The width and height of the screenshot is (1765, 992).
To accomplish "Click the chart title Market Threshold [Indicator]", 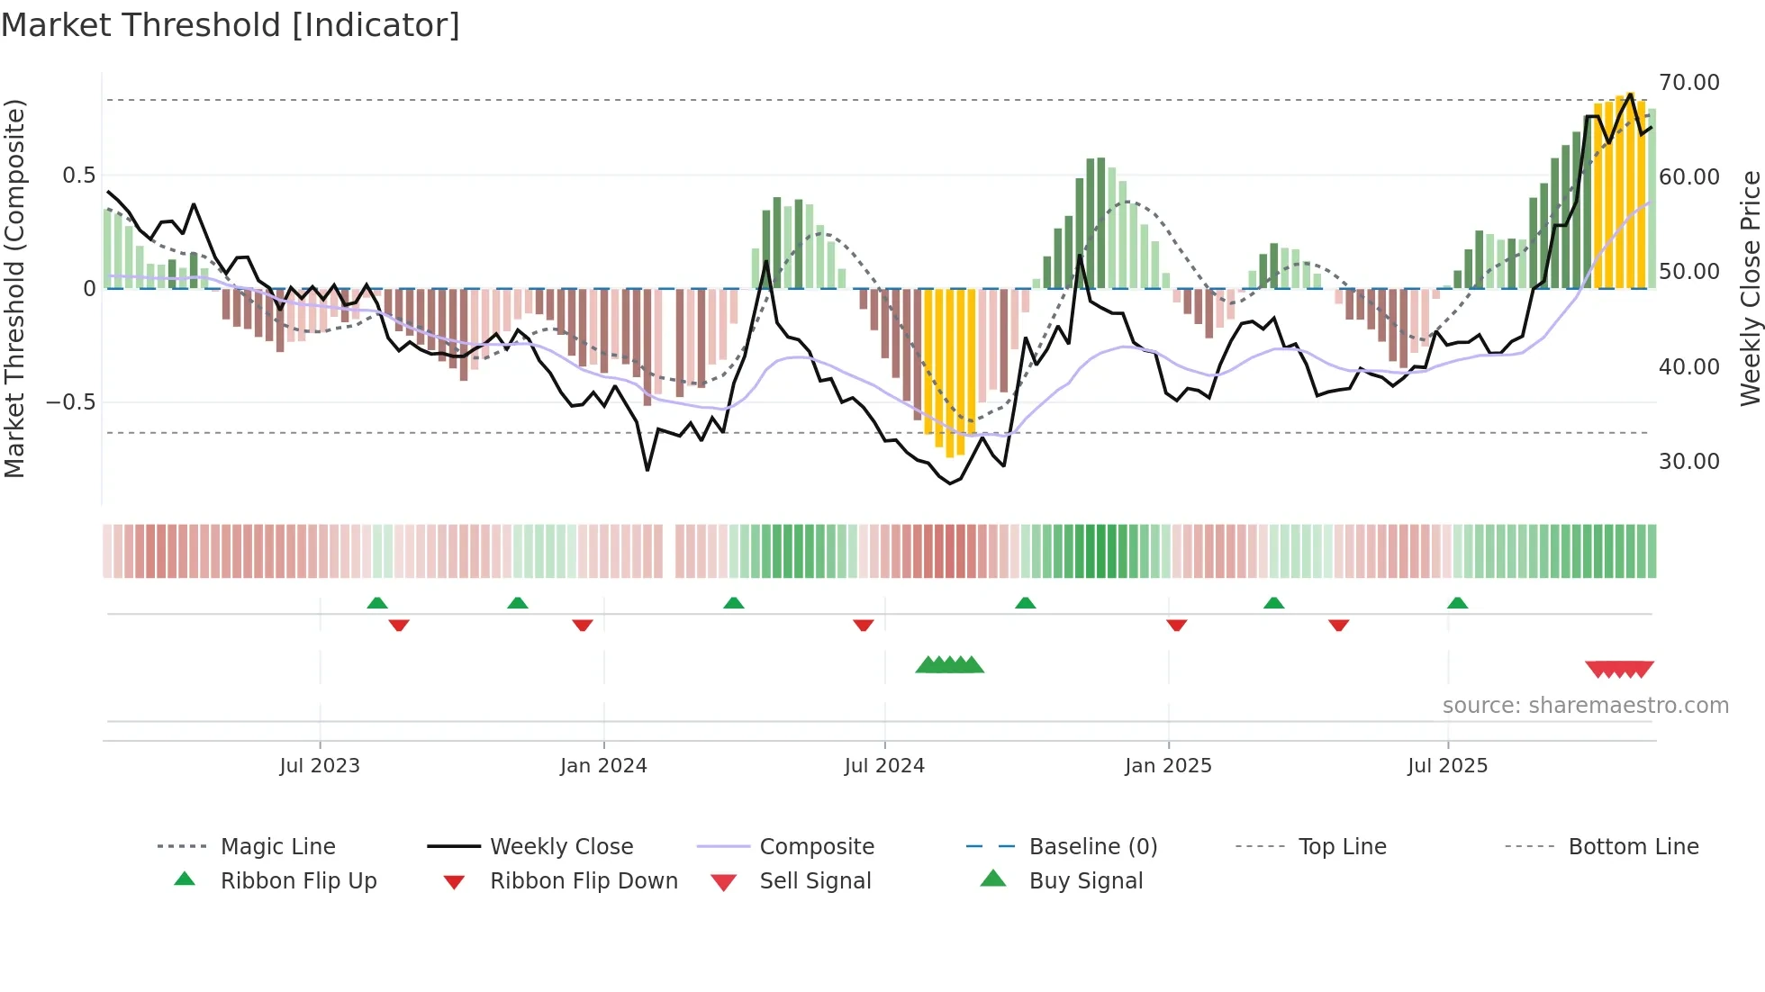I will pyautogui.click(x=231, y=25).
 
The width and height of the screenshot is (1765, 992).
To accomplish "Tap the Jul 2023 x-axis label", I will pyautogui.click(x=320, y=765).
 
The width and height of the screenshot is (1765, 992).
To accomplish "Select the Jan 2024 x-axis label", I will pyautogui.click(x=603, y=765).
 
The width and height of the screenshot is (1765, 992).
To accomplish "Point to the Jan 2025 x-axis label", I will pyautogui.click(x=1168, y=765).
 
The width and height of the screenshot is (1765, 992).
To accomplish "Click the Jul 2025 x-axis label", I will pyautogui.click(x=1448, y=765).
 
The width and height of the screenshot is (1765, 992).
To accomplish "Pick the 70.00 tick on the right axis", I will pyautogui.click(x=1689, y=83).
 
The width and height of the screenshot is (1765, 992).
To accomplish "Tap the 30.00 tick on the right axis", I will pyautogui.click(x=1689, y=462).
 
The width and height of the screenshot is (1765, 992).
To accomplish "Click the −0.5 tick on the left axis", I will pyautogui.click(x=70, y=402).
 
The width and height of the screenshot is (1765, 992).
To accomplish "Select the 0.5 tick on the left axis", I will pyautogui.click(x=78, y=176).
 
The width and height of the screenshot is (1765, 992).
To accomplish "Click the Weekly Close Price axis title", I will pyautogui.click(x=1750, y=288).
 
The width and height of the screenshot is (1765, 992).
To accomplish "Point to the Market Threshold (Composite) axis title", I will pyautogui.click(x=14, y=288).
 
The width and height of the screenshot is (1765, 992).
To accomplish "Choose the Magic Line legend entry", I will pyautogui.click(x=277, y=846).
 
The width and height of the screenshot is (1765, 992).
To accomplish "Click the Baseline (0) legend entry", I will pyautogui.click(x=1092, y=846).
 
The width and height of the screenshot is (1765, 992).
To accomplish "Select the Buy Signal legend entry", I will pyautogui.click(x=1085, y=880).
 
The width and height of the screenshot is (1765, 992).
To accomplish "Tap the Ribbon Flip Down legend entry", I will pyautogui.click(x=583, y=880).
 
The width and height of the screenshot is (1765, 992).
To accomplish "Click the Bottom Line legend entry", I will pyautogui.click(x=1633, y=846).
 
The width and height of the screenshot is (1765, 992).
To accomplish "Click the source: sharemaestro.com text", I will pyautogui.click(x=1585, y=705).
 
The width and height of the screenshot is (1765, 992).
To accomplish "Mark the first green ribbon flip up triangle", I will pyautogui.click(x=377, y=603).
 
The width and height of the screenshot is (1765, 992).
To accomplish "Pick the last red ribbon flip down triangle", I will pyautogui.click(x=1338, y=625).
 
